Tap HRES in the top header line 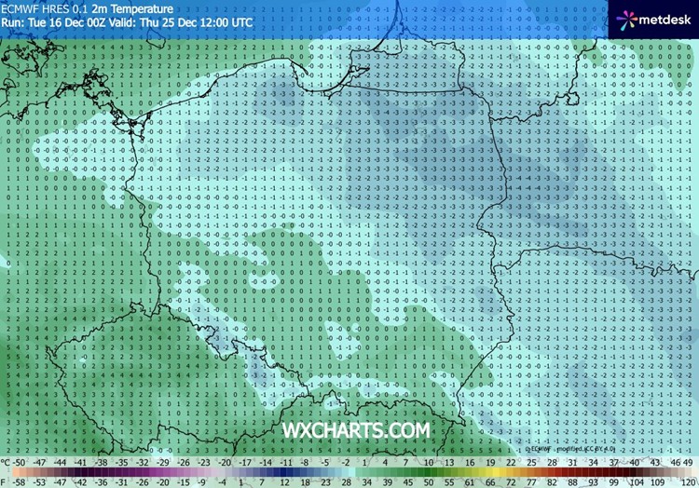click(61, 7)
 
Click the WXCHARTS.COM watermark click(358, 430)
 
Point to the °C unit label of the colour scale click(7, 463)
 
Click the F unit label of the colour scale click(5, 481)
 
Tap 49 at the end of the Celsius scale click(688, 463)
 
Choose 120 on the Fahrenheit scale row click(687, 481)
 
